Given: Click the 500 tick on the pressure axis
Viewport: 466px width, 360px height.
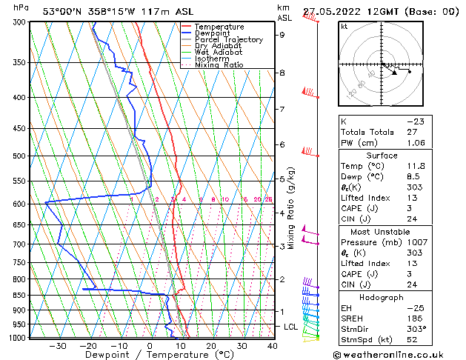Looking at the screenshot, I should point(19,156).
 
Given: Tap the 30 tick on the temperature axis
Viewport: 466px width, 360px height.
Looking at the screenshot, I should point(242,346).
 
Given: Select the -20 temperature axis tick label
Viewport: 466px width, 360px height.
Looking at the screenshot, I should point(88,346).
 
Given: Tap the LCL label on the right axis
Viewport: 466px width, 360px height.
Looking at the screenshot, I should point(291,327).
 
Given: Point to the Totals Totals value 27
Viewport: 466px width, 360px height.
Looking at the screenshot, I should point(412,132).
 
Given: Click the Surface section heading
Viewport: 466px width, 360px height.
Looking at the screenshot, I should point(382,156).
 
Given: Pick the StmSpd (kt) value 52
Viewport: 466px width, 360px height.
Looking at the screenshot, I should point(412,341).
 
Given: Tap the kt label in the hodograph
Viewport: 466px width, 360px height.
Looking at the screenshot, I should point(344,26).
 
